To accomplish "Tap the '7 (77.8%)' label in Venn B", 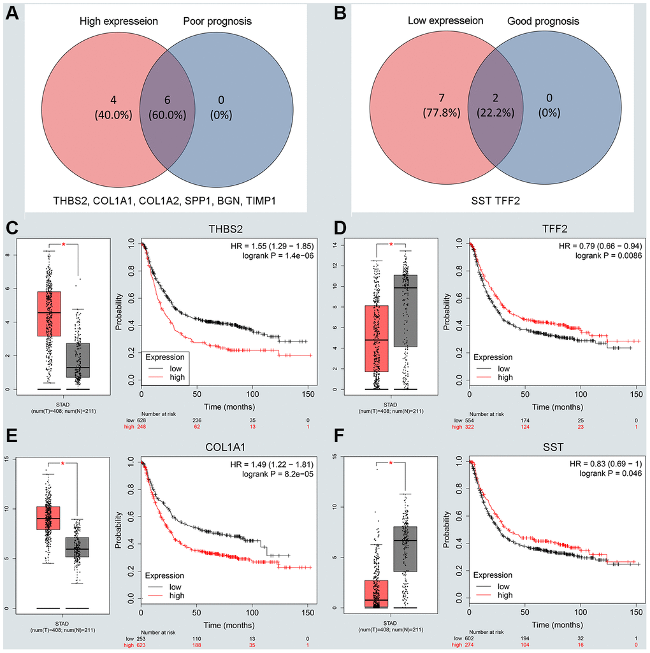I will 418,106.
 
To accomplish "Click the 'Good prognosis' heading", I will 544,22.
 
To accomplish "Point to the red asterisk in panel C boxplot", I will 63,245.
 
